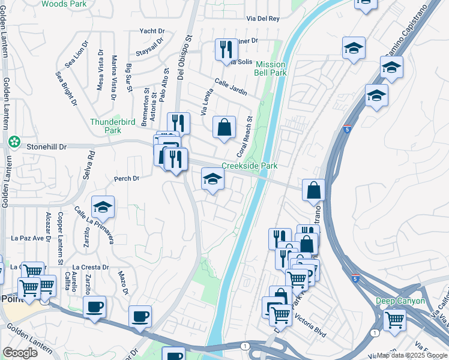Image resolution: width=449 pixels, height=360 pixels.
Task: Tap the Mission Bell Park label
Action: (271, 68)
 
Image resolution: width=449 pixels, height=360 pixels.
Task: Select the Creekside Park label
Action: (250, 166)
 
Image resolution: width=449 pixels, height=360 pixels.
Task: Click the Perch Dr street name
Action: (127, 178)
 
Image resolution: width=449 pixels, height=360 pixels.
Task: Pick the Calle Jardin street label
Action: (231, 87)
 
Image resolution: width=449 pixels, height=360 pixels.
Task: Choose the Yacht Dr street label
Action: (152, 31)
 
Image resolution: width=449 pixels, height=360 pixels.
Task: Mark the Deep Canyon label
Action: (400, 301)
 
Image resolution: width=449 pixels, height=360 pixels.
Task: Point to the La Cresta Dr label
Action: (90, 267)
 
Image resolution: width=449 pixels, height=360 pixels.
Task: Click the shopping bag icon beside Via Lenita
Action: (224, 127)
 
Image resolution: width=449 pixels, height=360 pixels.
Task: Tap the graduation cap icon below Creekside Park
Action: (212, 179)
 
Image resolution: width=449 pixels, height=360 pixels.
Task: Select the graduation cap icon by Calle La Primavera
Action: (103, 207)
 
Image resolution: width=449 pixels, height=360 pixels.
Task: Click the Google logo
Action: (20, 353)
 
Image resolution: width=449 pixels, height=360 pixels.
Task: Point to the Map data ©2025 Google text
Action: (412, 355)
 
